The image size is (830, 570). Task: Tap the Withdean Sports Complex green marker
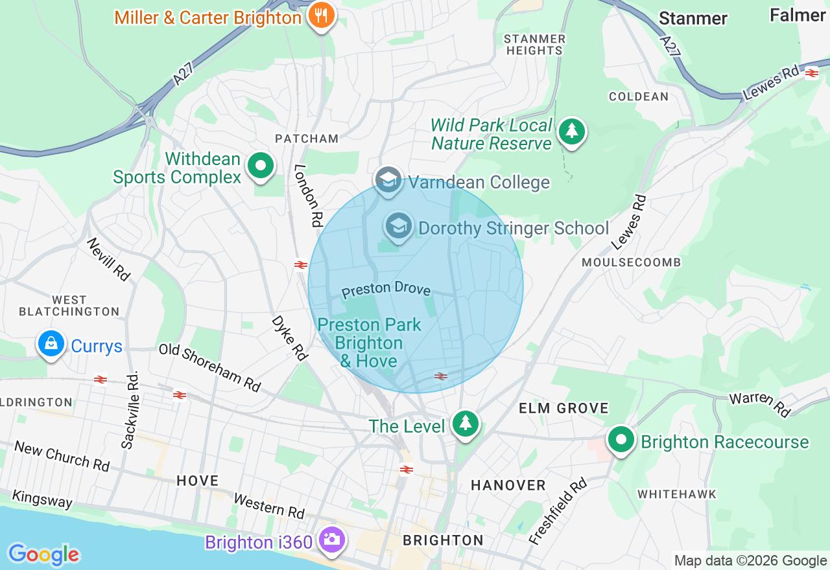pyautogui.click(x=261, y=166)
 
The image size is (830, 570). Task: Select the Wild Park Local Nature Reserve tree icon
pyautogui.click(x=571, y=131)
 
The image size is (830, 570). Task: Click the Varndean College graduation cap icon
pyautogui.click(x=388, y=179)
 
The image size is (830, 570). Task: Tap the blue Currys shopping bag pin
pyautogui.click(x=51, y=344)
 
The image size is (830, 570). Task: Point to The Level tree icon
pyautogui.click(x=465, y=424)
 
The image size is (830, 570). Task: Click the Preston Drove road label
pyautogui.click(x=386, y=289)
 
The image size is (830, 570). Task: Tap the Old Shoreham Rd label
pyautogui.click(x=209, y=367)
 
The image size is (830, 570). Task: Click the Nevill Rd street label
pyautogui.click(x=108, y=258)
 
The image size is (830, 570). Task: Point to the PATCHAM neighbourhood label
pyautogui.click(x=307, y=139)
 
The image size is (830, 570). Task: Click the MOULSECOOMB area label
pyautogui.click(x=631, y=262)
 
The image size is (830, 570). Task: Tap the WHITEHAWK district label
pyautogui.click(x=676, y=494)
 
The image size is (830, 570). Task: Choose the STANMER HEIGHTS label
pyautogui.click(x=534, y=45)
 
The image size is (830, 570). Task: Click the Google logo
pyautogui.click(x=43, y=554)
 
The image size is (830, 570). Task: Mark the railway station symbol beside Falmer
pyautogui.click(x=811, y=74)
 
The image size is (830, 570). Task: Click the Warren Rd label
pyautogui.click(x=760, y=405)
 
